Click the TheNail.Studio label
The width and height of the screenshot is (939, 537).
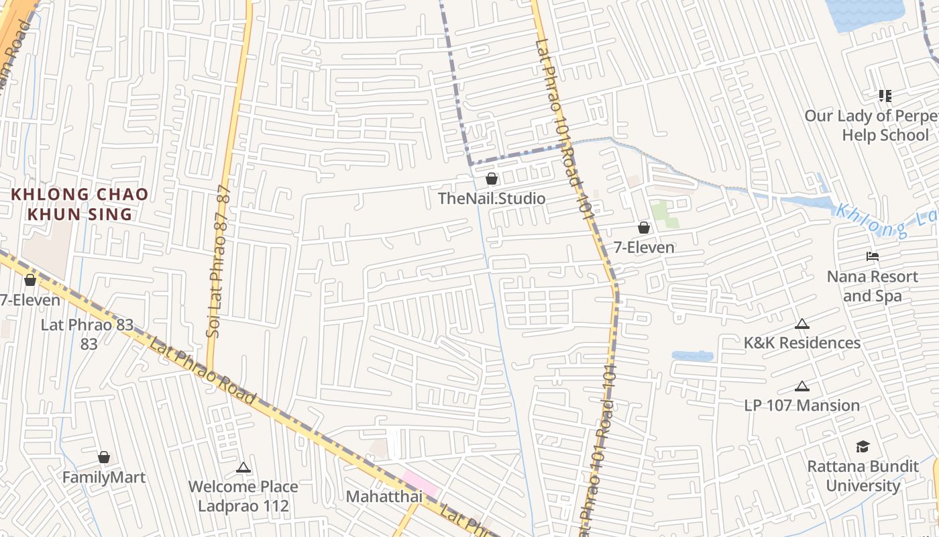pos(492,199)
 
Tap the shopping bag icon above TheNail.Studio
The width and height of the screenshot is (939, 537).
pos(492,179)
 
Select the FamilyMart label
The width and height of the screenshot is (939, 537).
pos(104,477)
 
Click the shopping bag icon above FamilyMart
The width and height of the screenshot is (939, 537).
pos(104,457)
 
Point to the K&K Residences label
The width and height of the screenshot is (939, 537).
pos(802,343)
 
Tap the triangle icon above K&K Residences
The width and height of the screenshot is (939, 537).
pos(802,324)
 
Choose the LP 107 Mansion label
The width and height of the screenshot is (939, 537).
pos(802,405)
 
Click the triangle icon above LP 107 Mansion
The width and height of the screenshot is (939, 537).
pos(802,387)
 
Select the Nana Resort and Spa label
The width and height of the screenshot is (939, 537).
pos(872,286)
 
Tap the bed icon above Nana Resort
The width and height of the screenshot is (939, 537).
pos(872,256)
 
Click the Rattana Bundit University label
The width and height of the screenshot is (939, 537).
pos(863,476)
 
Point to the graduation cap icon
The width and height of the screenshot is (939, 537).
pos(863,446)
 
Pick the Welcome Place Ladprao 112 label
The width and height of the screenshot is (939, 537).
pos(243,496)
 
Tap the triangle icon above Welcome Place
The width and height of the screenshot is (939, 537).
pos(243,467)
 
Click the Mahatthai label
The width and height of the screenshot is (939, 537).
pos(384,497)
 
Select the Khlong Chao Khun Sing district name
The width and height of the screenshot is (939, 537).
pos(80,205)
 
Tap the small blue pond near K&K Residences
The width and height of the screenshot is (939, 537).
pos(692,356)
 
